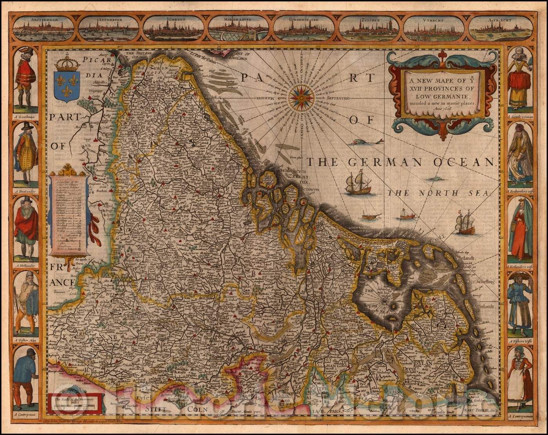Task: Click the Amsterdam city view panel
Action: [43, 29]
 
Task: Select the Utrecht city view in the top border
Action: [434, 29]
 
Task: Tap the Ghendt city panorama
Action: [173, 29]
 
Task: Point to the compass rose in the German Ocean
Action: [301, 97]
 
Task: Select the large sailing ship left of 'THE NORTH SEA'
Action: [357, 183]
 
